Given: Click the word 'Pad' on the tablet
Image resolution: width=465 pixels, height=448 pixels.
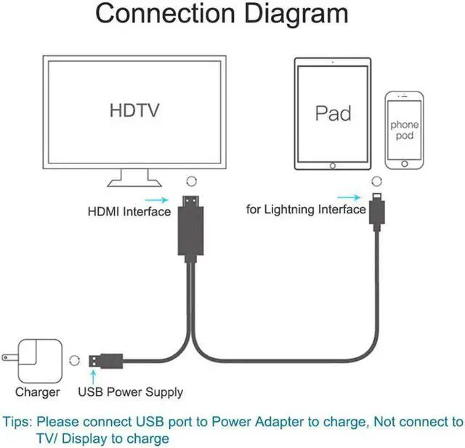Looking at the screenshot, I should (333, 113).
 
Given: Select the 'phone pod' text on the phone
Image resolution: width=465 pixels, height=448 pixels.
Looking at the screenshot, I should (405, 130).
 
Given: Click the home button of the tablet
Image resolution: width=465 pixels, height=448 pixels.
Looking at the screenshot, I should (333, 166).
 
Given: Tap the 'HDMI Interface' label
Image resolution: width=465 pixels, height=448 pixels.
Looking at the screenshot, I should (129, 212).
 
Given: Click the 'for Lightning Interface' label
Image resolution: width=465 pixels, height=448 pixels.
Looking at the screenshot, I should (306, 210).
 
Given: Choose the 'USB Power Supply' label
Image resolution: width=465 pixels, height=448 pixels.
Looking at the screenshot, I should (131, 392).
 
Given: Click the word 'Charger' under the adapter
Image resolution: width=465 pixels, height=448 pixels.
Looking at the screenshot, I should (37, 392).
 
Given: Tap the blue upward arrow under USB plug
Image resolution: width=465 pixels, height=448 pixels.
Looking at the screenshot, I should (93, 376).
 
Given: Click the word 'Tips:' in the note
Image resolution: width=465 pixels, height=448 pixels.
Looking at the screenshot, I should (18, 422).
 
